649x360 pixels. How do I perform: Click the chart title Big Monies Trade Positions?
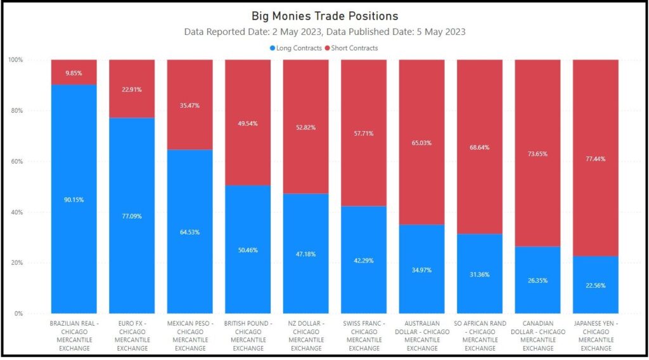click(x=324, y=16)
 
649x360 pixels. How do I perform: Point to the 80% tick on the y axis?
click(x=15, y=110)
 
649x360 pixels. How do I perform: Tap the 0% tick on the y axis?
click(x=17, y=313)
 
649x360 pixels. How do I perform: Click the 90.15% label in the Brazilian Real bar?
click(x=74, y=200)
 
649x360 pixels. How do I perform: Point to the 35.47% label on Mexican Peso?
click(x=190, y=105)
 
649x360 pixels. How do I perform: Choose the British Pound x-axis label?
click(x=248, y=336)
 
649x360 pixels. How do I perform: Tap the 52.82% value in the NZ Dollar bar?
click(x=305, y=127)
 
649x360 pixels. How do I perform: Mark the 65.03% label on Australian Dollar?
click(x=421, y=143)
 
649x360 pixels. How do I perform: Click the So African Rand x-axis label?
click(x=480, y=336)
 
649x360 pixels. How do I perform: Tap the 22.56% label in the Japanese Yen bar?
click(x=595, y=285)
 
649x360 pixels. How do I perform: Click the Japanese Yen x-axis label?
click(x=595, y=336)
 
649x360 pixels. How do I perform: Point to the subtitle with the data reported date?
click(x=324, y=32)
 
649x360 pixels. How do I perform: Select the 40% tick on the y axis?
click(x=15, y=212)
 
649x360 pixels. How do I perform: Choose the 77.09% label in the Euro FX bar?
click(x=132, y=216)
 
